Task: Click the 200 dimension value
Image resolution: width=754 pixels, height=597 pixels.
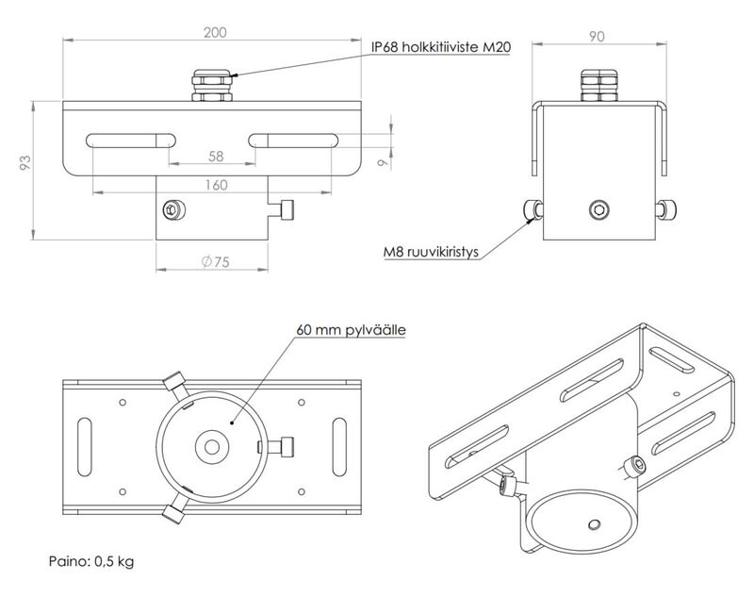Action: pyautogui.click(x=215, y=31)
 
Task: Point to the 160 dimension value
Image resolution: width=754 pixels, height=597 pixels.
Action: pyautogui.click(x=216, y=185)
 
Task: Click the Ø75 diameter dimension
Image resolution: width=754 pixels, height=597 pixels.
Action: pyautogui.click(x=216, y=263)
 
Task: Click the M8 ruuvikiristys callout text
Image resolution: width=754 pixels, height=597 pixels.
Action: pyautogui.click(x=432, y=252)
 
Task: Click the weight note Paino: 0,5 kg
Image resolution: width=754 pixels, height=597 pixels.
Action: pyautogui.click(x=91, y=563)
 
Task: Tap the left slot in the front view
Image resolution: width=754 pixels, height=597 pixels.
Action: pyautogui.click(x=129, y=141)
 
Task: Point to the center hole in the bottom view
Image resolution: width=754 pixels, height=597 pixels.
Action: pyautogui.click(x=212, y=444)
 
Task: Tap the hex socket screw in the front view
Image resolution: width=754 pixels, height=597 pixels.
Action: pyautogui.click(x=172, y=209)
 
